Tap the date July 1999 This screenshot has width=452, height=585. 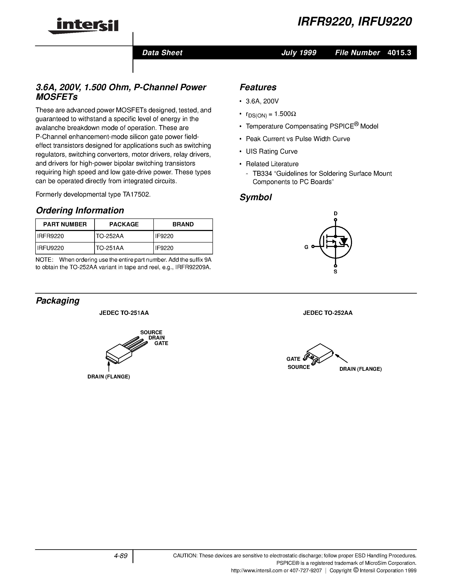click(299, 53)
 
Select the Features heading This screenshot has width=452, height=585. click(258, 87)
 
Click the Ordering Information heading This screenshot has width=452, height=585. click(80, 210)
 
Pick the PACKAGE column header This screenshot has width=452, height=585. click(124, 224)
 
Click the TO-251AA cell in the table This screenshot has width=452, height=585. click(110, 248)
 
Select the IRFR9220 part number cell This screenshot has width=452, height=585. click(51, 236)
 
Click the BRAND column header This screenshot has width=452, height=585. click(183, 224)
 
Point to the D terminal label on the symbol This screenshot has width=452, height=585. click(335, 214)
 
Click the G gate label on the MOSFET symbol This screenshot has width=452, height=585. click(306, 247)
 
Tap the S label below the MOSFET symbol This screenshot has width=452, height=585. click(335, 272)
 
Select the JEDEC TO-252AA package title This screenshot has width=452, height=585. click(328, 313)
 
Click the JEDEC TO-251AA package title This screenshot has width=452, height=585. click(124, 313)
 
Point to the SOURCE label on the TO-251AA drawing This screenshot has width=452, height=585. click(151, 332)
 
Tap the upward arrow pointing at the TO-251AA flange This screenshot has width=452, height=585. click(109, 366)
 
